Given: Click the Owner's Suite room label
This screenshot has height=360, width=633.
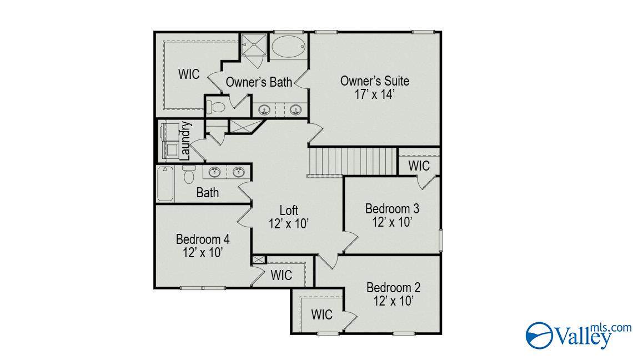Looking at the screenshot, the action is click(375, 81).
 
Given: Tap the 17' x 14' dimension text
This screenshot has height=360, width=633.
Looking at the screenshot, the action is click(375, 94).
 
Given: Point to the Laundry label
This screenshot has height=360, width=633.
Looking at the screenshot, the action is click(185, 141).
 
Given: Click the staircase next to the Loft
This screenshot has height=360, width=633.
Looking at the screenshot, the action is click(352, 162).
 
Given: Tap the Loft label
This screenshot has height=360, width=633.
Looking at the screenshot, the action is click(289, 210).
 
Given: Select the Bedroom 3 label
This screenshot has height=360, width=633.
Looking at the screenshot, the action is click(392, 209).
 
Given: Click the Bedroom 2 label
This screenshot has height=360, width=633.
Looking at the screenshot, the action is click(393, 288).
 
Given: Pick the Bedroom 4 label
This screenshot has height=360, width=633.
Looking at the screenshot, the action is click(203, 239).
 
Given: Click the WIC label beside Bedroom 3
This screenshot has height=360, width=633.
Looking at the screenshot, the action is click(419, 166).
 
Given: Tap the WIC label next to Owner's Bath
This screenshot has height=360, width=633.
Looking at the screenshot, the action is click(189, 74).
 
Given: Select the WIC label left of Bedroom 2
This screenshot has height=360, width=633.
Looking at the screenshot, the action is click(322, 314).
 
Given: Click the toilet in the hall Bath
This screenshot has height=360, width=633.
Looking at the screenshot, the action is click(189, 174).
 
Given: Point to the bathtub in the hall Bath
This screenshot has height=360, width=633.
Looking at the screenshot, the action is click(165, 184).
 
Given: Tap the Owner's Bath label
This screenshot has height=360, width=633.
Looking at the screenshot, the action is click(259, 82).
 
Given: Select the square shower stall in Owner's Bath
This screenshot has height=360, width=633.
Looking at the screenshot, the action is click(254, 44).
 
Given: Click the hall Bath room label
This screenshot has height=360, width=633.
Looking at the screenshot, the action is click(208, 193).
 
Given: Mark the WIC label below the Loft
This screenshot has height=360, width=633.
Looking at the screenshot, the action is click(282, 275).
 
